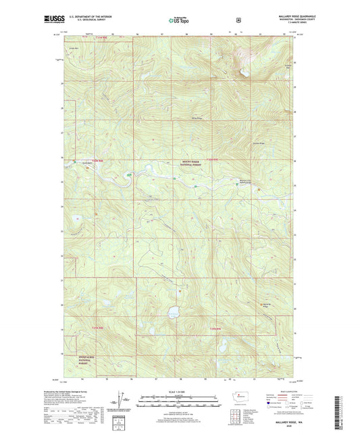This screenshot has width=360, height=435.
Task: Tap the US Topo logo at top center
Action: point(179,21)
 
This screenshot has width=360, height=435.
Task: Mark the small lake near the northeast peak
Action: point(245,72)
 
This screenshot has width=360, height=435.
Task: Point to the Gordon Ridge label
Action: point(257,142)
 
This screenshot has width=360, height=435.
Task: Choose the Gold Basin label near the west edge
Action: point(87,162)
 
